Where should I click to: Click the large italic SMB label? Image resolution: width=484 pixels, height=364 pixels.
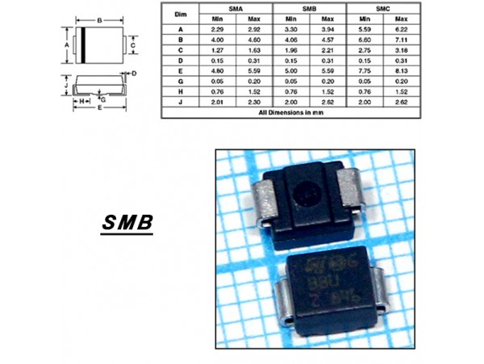[x=128, y=223]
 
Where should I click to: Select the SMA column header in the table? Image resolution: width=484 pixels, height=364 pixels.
[x=236, y=7]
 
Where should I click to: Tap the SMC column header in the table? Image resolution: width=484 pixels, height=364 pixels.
[x=382, y=7]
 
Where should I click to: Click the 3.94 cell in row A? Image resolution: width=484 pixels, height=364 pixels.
[x=328, y=28]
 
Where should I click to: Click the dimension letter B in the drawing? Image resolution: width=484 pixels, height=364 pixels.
[x=98, y=19]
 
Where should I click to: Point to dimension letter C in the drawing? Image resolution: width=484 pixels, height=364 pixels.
[x=132, y=46]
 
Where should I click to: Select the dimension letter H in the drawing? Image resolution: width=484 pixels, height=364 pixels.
[x=82, y=101]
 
